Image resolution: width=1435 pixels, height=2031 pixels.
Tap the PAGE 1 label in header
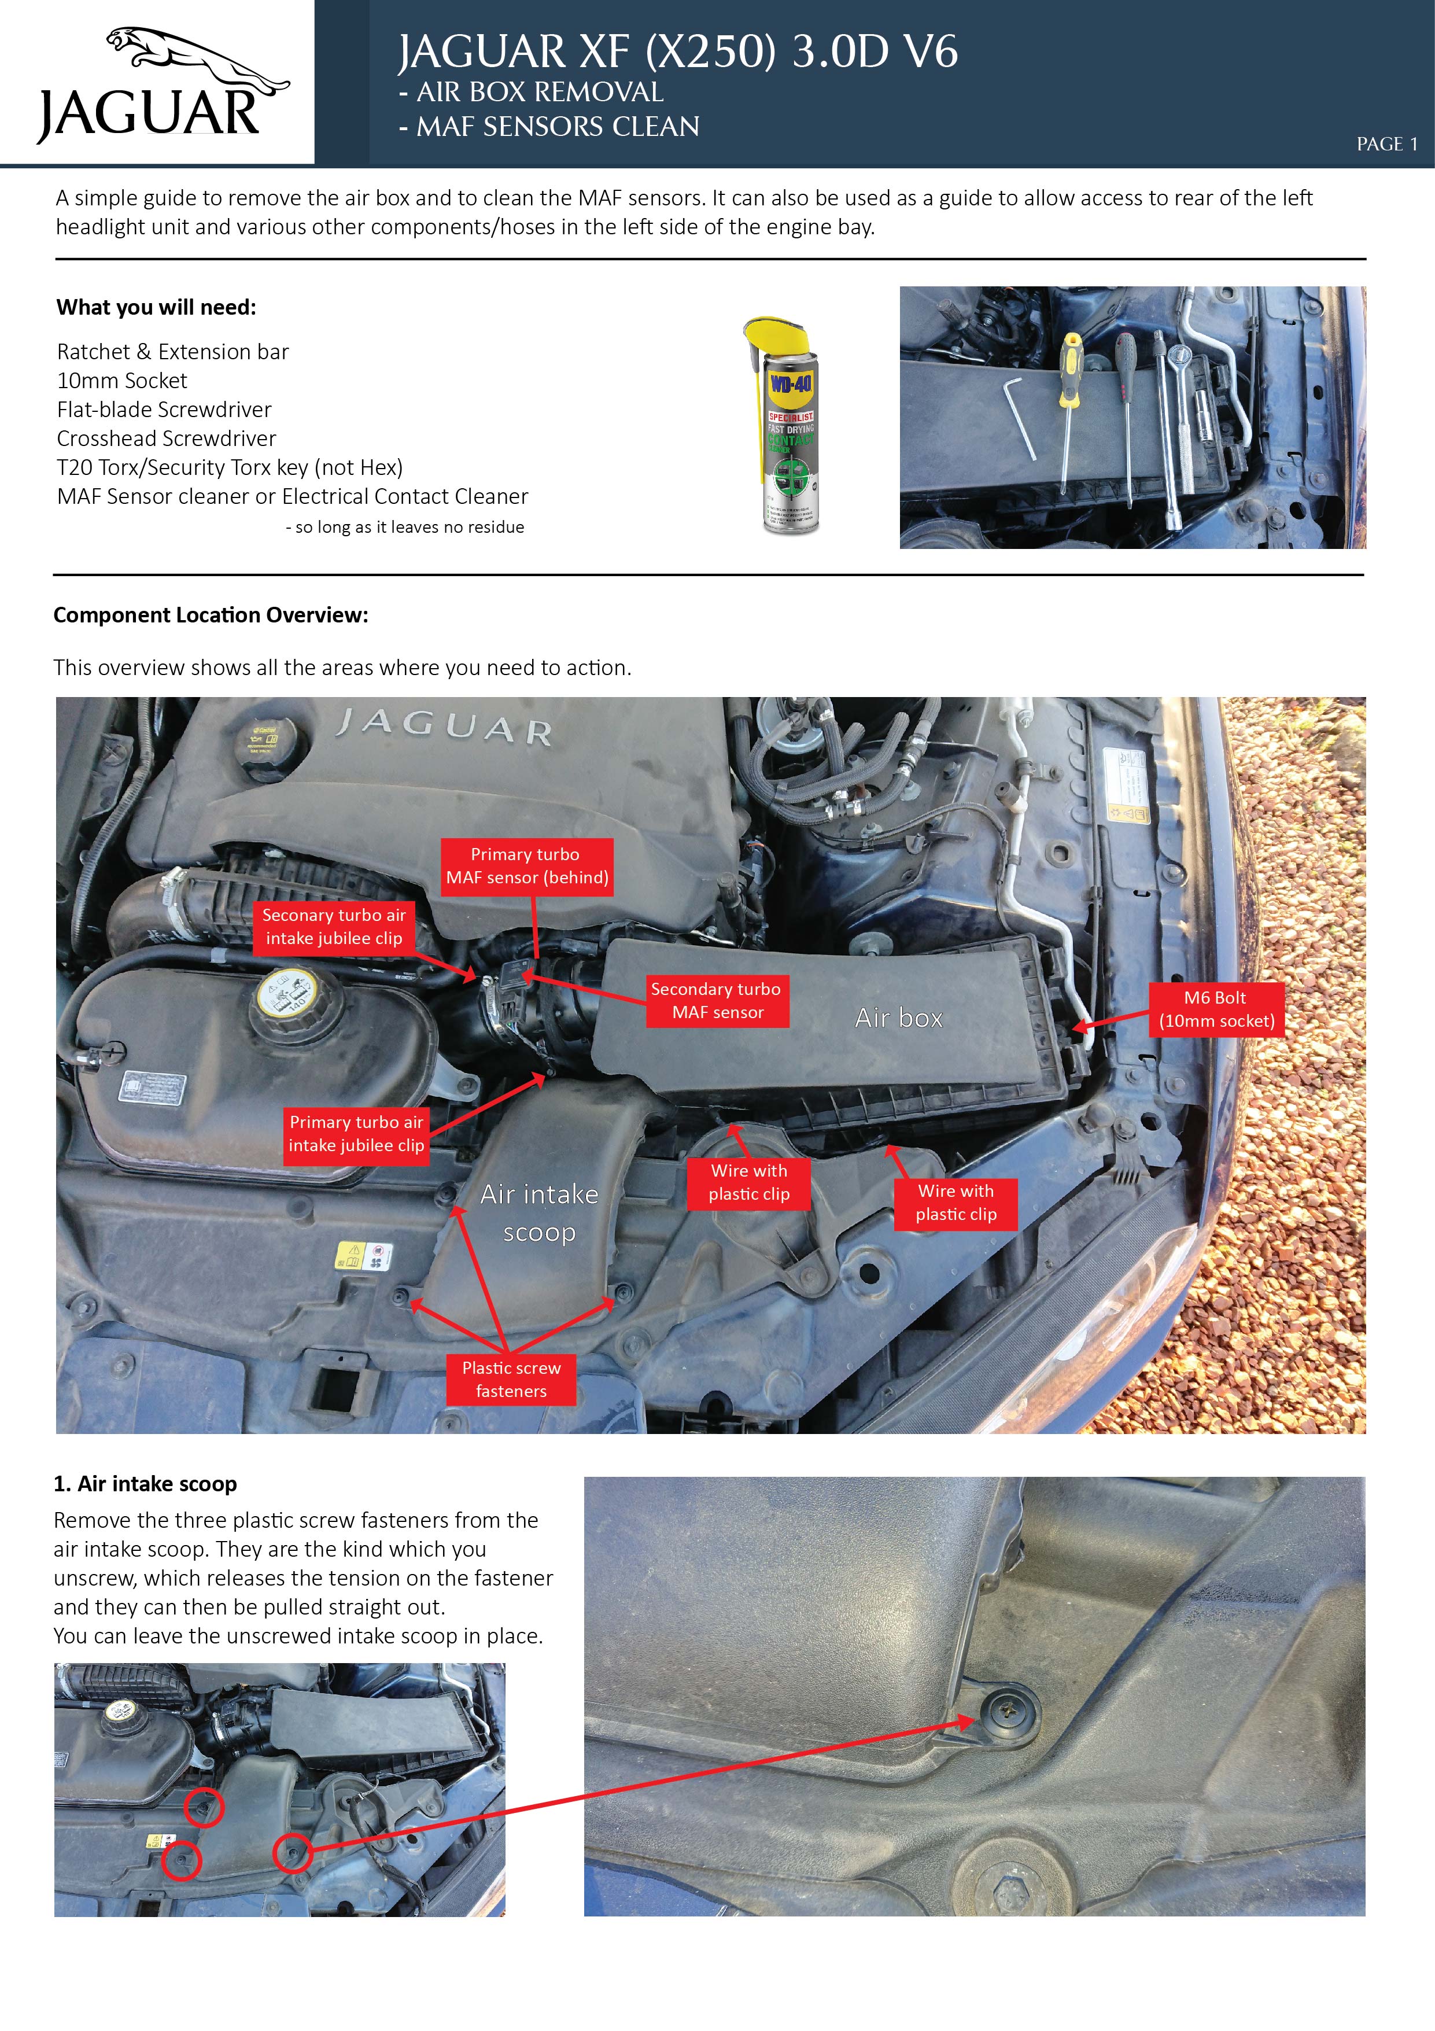(1386, 144)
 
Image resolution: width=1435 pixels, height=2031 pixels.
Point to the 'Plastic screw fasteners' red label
(511, 1379)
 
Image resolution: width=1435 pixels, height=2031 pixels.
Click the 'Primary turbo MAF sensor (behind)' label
(526, 866)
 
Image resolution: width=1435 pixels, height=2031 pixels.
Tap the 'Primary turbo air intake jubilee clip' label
(356, 1134)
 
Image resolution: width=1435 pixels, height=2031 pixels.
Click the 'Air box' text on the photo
(898, 1018)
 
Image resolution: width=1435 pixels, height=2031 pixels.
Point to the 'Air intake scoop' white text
(539, 1213)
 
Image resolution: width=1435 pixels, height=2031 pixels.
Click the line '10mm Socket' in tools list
(122, 381)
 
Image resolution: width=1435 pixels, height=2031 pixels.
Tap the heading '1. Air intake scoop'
(145, 1483)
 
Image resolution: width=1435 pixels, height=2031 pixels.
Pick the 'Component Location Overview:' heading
(211, 615)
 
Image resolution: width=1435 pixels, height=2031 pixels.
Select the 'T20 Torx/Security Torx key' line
(230, 467)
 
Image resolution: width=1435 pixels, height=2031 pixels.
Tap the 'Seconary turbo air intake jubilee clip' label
(334, 926)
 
